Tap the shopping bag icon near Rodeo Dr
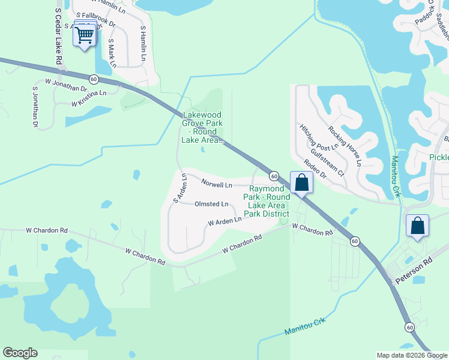pyautogui.click(x=301, y=182)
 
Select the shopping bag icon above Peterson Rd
pyautogui.click(x=417, y=226)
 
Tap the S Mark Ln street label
pyautogui.click(x=111, y=53)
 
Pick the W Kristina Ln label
pyautogui.click(x=88, y=98)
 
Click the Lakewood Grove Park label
pyautogui.click(x=202, y=127)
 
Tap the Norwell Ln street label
pyautogui.click(x=217, y=185)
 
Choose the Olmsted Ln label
pyautogui.click(x=211, y=204)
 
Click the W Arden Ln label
pyautogui.click(x=224, y=221)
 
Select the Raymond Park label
pyautogui.click(x=270, y=201)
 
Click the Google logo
pyautogui.click(x=20, y=353)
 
